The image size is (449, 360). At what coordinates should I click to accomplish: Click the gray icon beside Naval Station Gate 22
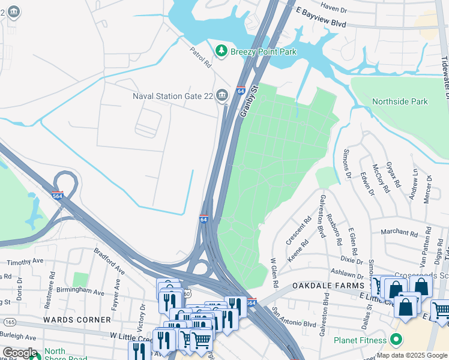click(221, 95)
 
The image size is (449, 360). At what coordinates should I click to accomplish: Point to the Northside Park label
click(400, 101)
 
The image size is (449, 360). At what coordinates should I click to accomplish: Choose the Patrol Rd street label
click(201, 57)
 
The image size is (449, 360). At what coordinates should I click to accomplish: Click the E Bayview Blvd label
click(321, 16)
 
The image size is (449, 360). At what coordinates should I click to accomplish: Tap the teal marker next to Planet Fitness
click(396, 340)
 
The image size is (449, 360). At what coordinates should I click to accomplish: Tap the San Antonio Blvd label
click(294, 316)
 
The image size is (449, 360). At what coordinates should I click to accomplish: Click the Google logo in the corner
click(19, 353)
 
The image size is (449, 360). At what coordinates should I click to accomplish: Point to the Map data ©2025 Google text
click(411, 355)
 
